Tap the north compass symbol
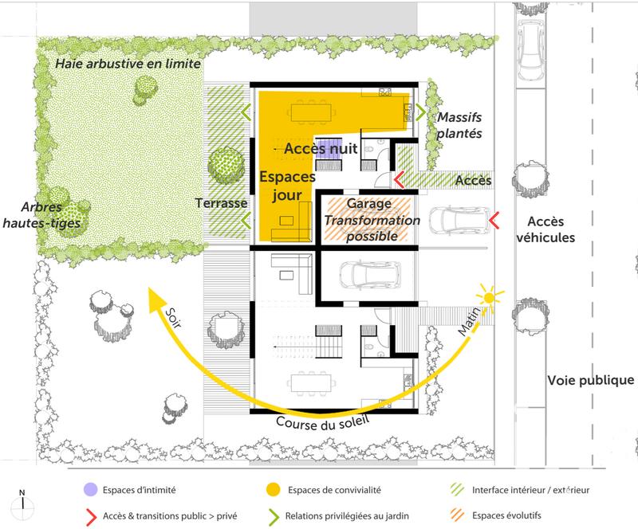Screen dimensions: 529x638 [x=24, y=501]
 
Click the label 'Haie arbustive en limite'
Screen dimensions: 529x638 [x=128, y=64]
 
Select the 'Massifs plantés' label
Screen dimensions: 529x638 [x=459, y=125]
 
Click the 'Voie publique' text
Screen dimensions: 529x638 [x=590, y=380]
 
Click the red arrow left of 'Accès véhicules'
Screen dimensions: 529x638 [x=495, y=217]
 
